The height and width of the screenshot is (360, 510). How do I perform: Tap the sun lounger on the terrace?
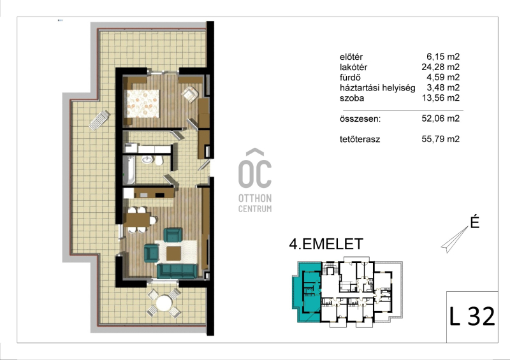99,120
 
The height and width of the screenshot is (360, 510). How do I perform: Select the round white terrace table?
164,303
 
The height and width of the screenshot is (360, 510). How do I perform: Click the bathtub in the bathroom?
129,169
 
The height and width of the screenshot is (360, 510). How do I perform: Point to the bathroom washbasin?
147,159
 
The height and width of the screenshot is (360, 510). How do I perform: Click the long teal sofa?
177,271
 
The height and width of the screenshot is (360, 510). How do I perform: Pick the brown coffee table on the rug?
173,254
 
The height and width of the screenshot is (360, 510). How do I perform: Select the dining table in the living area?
136,220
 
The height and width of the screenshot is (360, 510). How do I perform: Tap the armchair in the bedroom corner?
190,94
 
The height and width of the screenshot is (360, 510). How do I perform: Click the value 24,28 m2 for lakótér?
441,67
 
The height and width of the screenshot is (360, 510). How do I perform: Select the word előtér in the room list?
351,57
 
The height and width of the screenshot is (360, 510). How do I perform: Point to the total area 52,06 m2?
441,119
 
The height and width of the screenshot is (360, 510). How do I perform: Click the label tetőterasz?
360,140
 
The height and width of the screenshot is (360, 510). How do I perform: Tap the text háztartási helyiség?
377,88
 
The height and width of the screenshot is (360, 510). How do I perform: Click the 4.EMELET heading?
326,244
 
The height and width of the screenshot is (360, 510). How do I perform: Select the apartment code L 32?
472,316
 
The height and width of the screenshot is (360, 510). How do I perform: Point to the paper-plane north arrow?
455,240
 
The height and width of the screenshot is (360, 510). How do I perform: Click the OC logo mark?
255,168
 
